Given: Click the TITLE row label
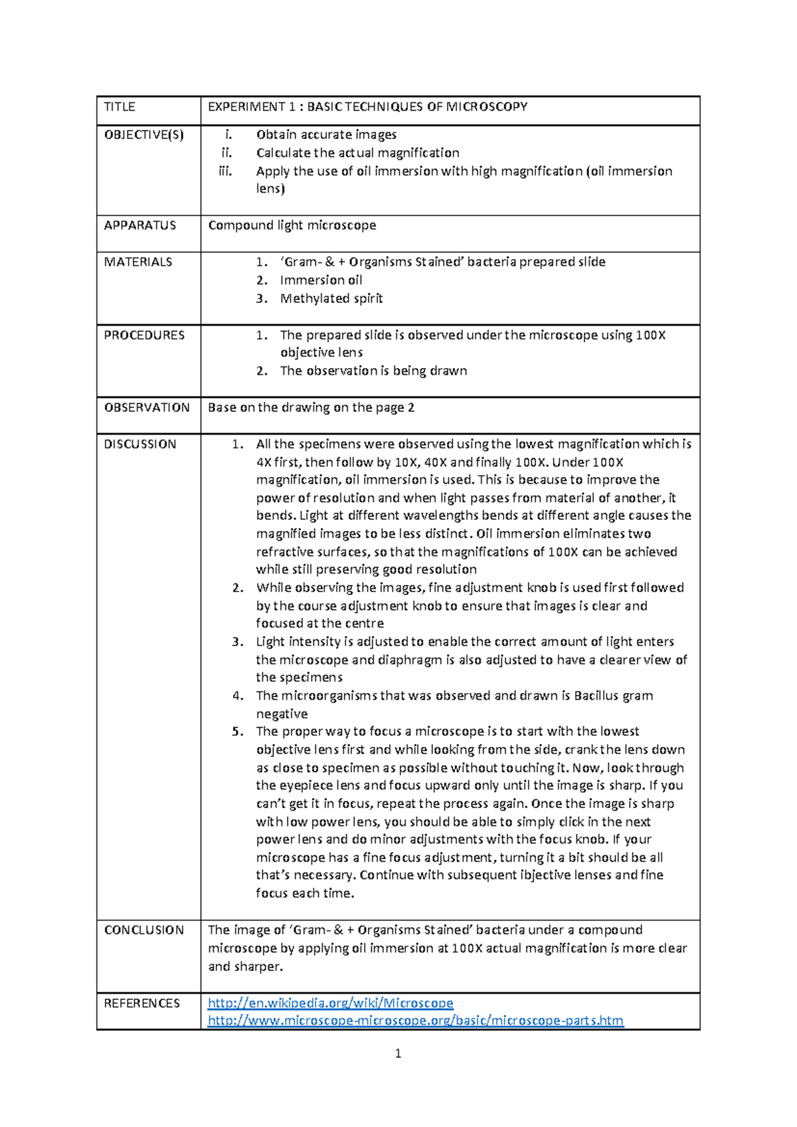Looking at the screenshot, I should pos(120,107).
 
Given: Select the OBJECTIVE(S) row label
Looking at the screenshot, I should pos(143,135).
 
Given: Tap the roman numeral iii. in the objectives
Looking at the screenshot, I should pos(226,171).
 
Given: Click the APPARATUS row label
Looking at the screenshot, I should pos(139,225).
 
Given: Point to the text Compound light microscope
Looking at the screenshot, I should pos(292,225).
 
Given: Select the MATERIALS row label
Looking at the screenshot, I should pos(137,262).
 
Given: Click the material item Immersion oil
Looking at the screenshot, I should pos(321,280).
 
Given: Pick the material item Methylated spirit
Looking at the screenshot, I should pos(331,298).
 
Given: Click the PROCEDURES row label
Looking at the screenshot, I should pos(144,335).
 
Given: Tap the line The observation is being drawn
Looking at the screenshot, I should pos(373,371).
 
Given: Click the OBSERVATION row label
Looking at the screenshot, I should pos(147,407).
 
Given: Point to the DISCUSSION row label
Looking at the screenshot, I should pos(140,444).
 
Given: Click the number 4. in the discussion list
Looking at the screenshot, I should pos(238,696).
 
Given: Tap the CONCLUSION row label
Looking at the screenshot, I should pos(144,930).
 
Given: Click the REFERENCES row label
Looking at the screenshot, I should pos(142,1003).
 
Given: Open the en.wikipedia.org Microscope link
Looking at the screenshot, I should pos(330,1003).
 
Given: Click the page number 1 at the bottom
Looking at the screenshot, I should pos(398,1053).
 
